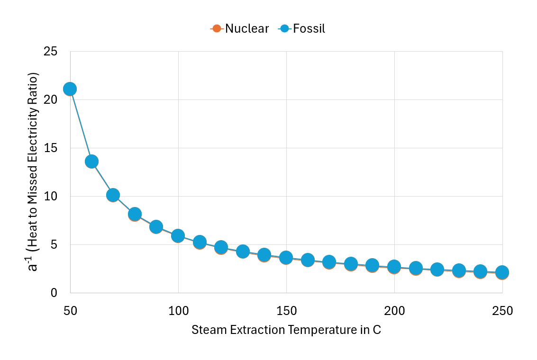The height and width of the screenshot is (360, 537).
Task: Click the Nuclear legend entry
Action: (x=240, y=28)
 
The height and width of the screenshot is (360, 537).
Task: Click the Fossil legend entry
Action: (x=302, y=28)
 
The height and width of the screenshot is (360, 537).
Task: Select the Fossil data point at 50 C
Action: (x=70, y=89)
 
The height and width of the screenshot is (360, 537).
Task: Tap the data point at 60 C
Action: (x=91, y=162)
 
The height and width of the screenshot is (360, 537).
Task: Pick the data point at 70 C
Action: (x=113, y=195)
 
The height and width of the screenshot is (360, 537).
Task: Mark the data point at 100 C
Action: (x=178, y=235)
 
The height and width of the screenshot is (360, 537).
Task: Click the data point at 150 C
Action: (x=286, y=258)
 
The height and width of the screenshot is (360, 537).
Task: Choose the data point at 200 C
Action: (x=394, y=267)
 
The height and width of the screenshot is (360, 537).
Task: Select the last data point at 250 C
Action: (x=502, y=272)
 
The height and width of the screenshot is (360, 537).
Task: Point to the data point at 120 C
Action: (x=221, y=247)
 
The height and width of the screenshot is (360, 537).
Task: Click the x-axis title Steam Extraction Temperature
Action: (x=286, y=330)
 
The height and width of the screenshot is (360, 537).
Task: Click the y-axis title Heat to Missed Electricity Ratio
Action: (x=33, y=171)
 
